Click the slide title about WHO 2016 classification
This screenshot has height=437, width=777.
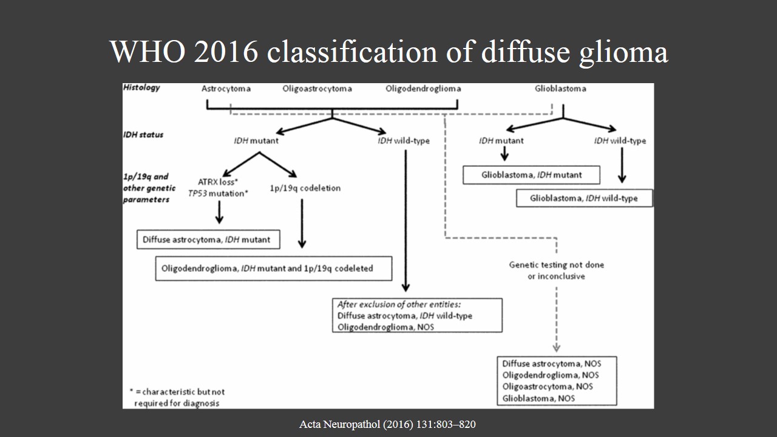tap(389, 52)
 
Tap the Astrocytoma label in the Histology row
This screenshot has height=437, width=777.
tap(226, 89)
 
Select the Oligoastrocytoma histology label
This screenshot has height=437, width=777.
tap(317, 89)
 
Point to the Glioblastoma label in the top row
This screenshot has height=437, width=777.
tap(560, 89)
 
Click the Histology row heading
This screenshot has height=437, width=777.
tap(141, 87)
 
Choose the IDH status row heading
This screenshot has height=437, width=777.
tap(143, 134)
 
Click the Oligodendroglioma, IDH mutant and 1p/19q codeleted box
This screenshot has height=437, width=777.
tap(273, 268)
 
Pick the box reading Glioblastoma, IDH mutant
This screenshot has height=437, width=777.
tap(531, 175)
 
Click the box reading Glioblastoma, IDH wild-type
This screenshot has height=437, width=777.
tap(584, 198)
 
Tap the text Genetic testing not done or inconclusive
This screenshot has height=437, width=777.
tap(556, 270)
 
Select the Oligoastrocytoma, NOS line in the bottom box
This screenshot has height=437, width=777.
tap(548, 387)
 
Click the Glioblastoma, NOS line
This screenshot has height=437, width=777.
tap(538, 398)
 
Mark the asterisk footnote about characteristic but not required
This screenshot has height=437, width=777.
tap(177, 398)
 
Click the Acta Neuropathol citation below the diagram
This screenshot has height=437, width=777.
tap(387, 424)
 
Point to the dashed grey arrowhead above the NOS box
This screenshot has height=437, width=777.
tap(556, 348)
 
